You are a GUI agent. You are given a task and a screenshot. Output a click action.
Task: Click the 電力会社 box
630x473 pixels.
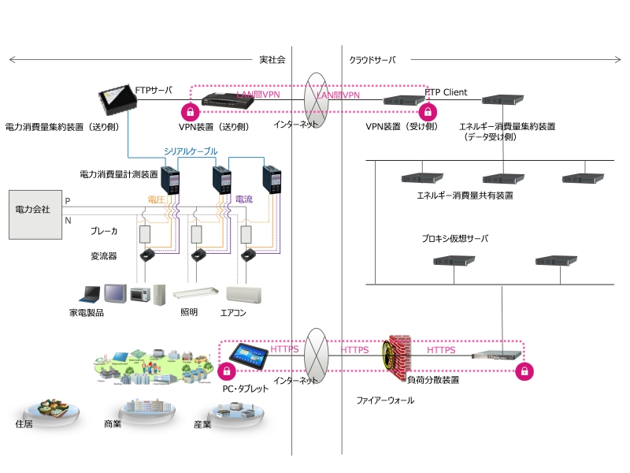[32, 214]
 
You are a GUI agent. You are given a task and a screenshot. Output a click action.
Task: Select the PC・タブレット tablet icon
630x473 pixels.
[247, 358]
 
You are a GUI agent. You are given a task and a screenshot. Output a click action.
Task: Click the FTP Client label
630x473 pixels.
[446, 92]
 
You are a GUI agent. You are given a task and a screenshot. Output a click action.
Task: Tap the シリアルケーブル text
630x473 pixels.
[191, 151]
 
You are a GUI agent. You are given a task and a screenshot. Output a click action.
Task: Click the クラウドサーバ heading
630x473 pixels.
[372, 60]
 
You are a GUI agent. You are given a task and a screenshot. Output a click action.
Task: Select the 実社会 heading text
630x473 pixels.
[272, 60]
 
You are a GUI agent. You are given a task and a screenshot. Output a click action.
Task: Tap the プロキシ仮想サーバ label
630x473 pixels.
[455, 238]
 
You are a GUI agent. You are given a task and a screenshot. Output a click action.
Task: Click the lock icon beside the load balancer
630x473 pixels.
[522, 371]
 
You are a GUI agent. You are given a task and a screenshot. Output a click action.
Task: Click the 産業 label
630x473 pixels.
[202, 424]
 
